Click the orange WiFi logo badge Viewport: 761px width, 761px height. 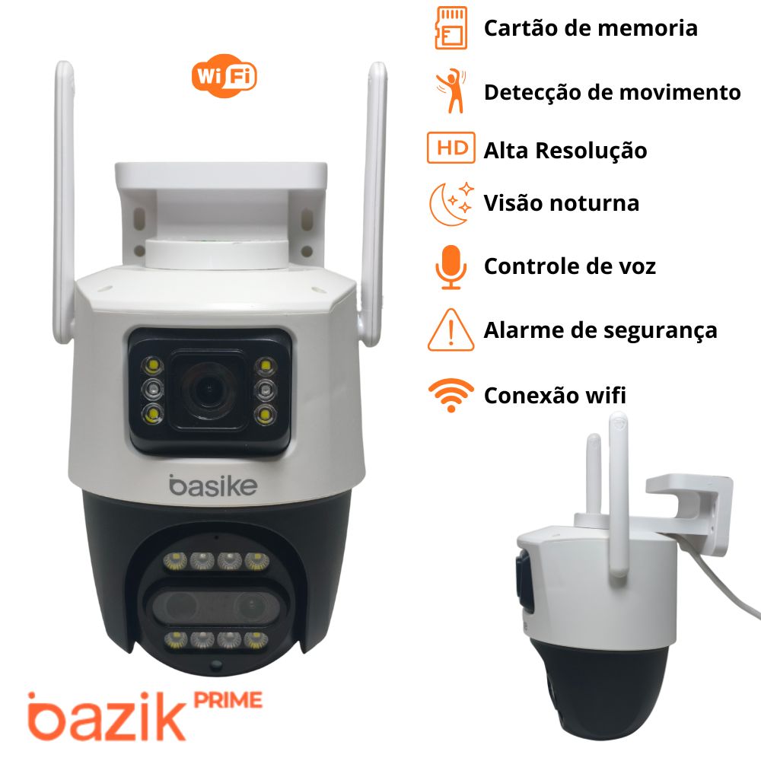(224, 75)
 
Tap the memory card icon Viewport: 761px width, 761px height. (451, 28)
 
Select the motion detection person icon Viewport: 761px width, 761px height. (451, 91)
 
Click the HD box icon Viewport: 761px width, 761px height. (451, 148)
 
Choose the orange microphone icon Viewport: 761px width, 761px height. (451, 267)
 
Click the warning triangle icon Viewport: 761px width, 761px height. (451, 330)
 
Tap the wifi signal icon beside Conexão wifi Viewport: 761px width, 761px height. (451, 395)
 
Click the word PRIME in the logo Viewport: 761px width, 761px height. (228, 700)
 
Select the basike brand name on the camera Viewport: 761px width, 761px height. (213, 486)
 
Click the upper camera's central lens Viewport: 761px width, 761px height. (209, 389)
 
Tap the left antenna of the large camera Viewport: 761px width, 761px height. (64, 202)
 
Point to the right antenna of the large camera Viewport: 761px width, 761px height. (374, 204)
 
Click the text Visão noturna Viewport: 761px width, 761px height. (562, 203)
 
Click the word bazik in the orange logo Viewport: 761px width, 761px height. (106, 716)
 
